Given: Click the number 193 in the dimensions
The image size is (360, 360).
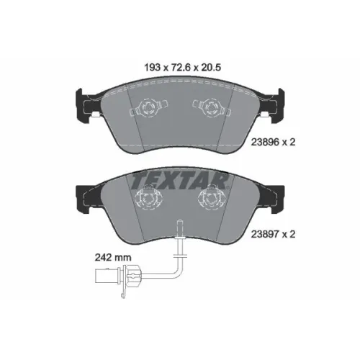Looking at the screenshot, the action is (152, 68).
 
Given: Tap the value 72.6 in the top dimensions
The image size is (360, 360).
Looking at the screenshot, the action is (181, 68).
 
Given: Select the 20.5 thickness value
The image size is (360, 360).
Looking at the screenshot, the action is (210, 68).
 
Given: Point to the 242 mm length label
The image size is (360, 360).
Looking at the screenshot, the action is (113, 258).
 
